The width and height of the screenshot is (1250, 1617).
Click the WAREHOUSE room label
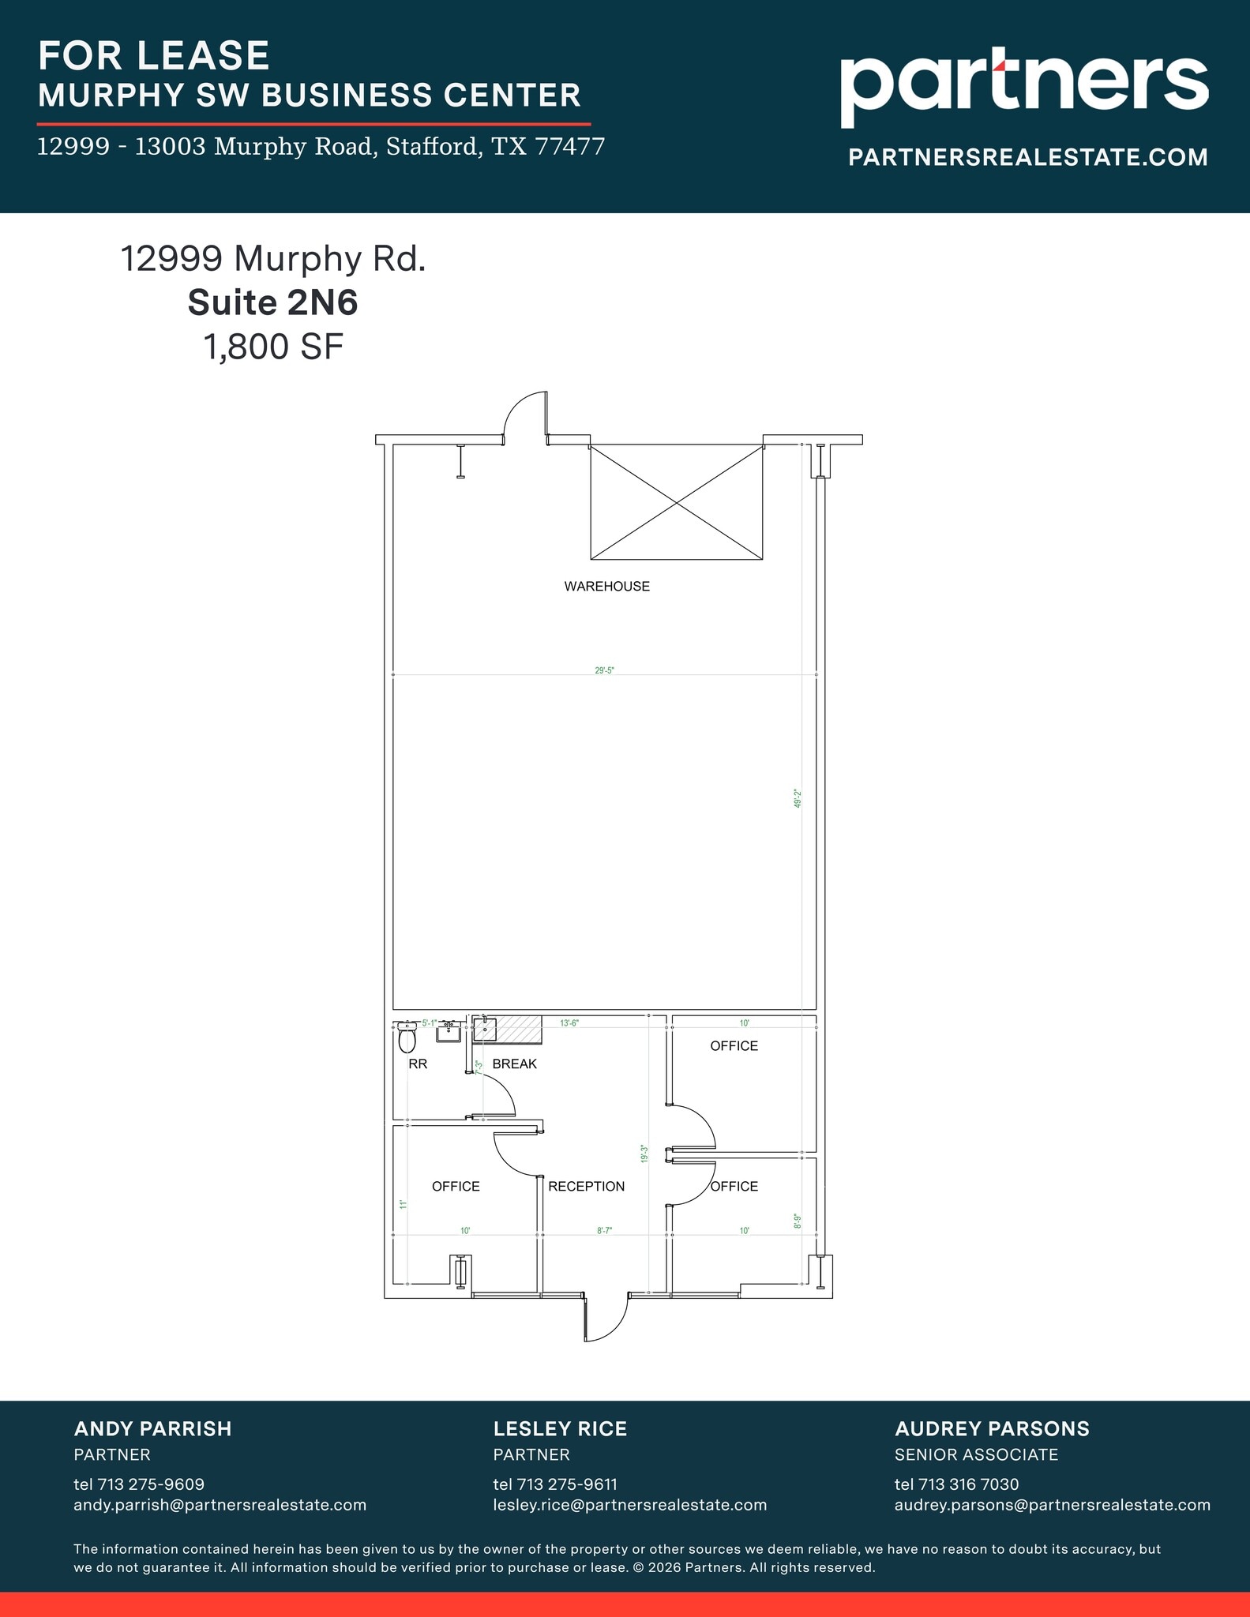point(606,586)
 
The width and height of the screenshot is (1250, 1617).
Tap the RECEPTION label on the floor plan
point(586,1186)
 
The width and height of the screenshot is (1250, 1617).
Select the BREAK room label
point(514,1064)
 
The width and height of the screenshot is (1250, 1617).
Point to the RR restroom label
point(418,1064)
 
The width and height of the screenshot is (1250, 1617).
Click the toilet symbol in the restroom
point(407,1038)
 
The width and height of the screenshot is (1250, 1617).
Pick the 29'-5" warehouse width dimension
point(604,670)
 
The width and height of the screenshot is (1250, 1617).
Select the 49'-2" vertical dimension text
point(798,798)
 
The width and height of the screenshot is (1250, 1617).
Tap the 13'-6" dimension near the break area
point(569,1023)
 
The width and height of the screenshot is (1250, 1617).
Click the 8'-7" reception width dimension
point(605,1230)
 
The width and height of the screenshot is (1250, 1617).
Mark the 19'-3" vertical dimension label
point(644,1154)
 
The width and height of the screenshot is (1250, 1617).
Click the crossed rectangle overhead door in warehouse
point(677,503)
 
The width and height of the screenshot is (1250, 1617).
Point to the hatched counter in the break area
point(518,1030)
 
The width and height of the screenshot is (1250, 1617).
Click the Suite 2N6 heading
point(272,302)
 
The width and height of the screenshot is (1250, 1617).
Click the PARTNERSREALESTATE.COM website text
point(1028,157)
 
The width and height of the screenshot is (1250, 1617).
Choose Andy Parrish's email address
point(220,1505)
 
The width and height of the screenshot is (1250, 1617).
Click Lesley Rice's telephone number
point(555,1484)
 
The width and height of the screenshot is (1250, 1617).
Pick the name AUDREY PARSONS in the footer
point(992,1428)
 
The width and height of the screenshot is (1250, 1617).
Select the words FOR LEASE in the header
point(154,55)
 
